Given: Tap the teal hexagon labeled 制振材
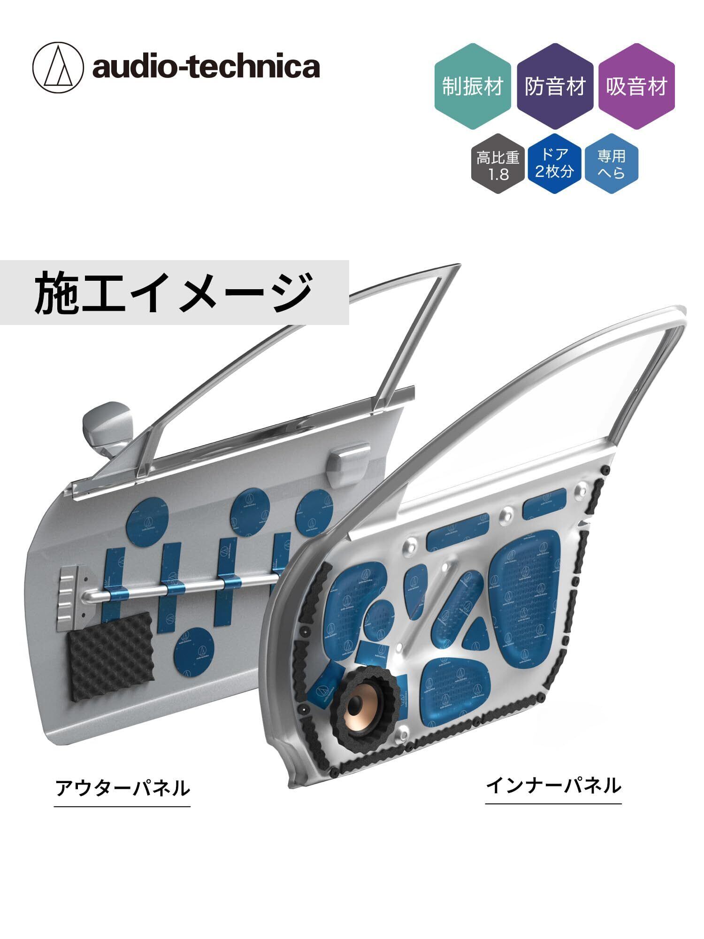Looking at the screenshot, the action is coord(472,86).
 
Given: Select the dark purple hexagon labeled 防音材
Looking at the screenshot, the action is coord(555,86).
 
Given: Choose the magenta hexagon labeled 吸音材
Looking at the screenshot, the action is coord(636,86).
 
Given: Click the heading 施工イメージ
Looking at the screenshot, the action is coord(174,292).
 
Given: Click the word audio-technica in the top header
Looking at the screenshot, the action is coord(206,67).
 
